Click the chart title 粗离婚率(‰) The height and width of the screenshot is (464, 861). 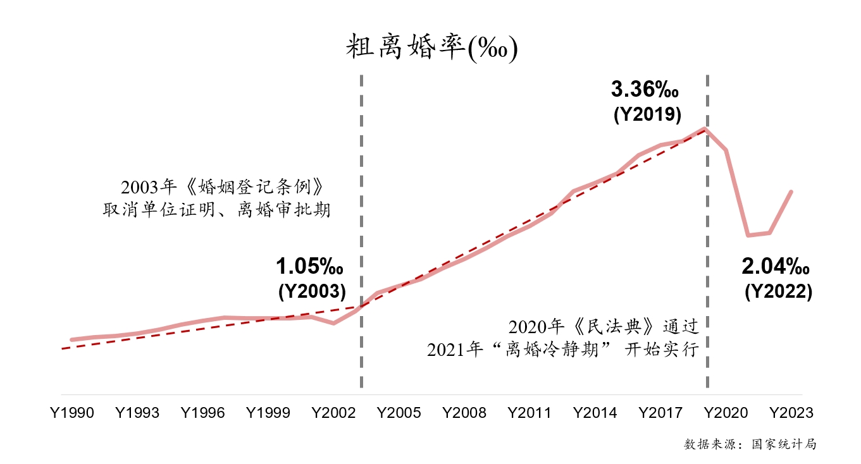click(431, 48)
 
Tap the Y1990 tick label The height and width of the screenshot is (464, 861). click(72, 413)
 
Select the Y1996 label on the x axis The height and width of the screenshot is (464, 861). click(202, 413)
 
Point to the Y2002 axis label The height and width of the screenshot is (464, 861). click(333, 413)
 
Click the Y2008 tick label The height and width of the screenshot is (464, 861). click(464, 413)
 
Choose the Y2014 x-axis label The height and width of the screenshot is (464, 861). click(595, 413)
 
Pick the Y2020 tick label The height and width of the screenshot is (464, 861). click(726, 413)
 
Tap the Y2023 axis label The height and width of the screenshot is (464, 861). click(791, 413)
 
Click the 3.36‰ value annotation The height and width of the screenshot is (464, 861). click(645, 90)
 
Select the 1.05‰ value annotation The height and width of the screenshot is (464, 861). click(310, 267)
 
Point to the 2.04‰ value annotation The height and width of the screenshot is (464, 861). click(776, 267)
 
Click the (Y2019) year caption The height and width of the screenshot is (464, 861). click(647, 115)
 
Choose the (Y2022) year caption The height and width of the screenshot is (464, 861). click(778, 291)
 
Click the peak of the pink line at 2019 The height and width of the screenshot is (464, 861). click(704, 129)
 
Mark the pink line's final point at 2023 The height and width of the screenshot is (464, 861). click(791, 192)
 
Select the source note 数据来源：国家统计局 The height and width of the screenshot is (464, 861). click(750, 444)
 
